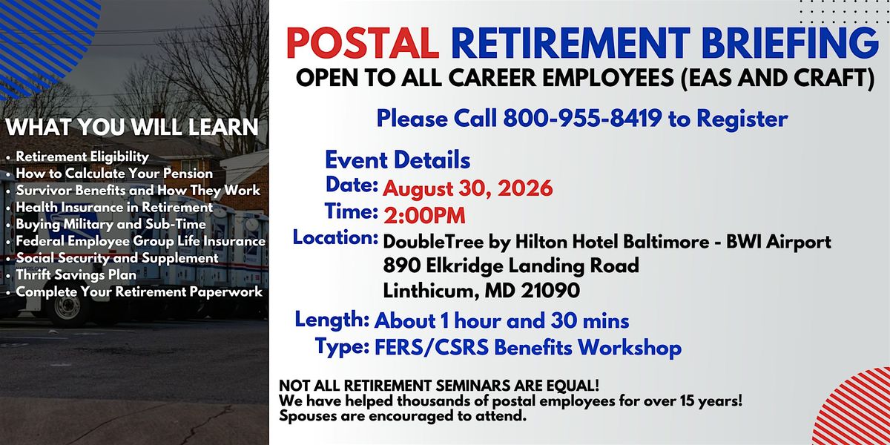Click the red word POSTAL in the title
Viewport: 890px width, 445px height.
coord(363,43)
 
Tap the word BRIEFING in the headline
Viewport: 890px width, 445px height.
coord(790,43)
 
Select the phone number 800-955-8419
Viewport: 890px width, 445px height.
coord(582,119)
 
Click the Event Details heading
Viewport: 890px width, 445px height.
coord(398,160)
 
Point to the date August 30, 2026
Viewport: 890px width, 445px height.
coord(468,188)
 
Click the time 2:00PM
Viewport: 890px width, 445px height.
coord(424,216)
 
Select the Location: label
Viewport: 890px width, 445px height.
coord(335,237)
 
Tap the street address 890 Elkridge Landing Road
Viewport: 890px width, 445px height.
coord(511,266)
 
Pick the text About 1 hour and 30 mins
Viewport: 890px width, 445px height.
coord(501,321)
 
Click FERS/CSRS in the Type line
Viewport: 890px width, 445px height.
coord(432,348)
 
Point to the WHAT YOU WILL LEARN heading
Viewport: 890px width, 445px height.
coord(132,127)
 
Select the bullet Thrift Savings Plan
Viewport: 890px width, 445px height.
coord(76,275)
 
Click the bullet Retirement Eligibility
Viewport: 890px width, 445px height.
coord(82,156)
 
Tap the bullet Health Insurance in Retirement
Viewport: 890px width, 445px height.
coord(114,208)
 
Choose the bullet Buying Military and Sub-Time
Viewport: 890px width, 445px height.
coord(111,225)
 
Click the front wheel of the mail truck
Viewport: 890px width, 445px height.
coord(67,309)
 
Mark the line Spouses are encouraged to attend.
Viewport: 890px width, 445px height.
coord(403,416)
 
